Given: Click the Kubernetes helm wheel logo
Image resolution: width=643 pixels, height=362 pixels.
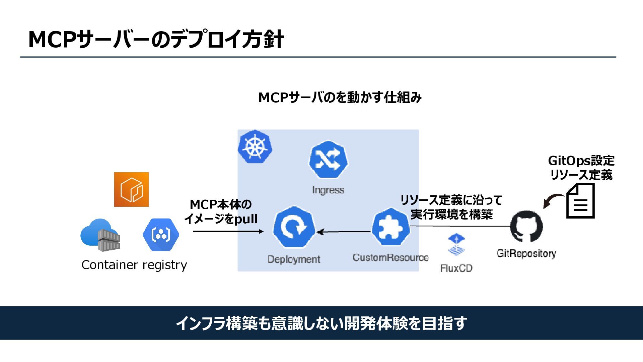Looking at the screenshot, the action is tap(255, 146).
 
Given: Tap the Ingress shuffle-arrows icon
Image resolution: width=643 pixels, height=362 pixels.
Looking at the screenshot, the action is tap(328, 160).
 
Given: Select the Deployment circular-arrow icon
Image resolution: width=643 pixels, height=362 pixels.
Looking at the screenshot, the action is tap(294, 227).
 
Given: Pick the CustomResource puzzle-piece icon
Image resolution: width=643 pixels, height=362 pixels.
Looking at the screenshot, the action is tap(391, 227).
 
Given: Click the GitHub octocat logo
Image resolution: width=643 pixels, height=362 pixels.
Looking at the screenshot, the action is tap(526, 226).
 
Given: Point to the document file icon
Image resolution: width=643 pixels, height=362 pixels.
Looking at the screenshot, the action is tap(580, 201).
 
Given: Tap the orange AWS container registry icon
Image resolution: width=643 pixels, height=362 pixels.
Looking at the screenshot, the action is tap(131, 189).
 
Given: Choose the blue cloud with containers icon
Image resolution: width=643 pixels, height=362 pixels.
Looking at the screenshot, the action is tap(100, 235).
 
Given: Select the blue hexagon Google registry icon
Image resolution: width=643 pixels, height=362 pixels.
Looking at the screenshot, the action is tap(161, 235).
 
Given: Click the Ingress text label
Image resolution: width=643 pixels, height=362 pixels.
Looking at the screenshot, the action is tap(328, 190).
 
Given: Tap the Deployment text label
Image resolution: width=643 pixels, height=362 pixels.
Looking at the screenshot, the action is tap(294, 259).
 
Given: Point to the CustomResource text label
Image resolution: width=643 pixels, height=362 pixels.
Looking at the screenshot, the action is tap(391, 257).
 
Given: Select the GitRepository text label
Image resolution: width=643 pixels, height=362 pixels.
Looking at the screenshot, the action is tap(526, 253).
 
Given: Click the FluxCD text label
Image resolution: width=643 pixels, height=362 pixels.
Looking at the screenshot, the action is tap(456, 268).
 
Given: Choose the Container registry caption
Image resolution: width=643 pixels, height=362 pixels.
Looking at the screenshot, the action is tap(134, 265).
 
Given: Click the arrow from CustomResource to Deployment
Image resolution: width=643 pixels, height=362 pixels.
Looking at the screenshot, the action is tap(344, 232).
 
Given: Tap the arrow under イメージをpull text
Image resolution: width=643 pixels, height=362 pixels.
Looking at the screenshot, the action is tap(228, 231).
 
